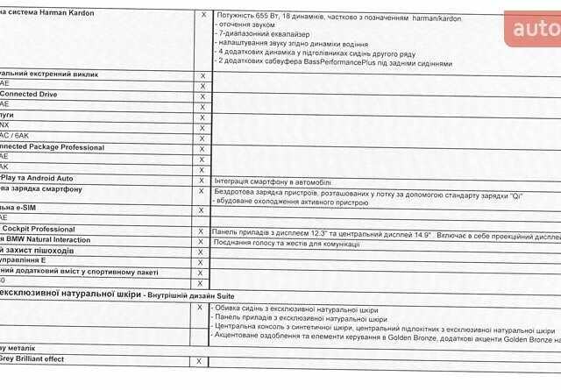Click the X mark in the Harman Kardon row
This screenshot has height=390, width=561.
pyautogui.click(x=202, y=15)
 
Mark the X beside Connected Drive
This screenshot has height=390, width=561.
pyautogui.click(x=202, y=94)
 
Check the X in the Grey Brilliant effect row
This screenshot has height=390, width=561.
pyautogui.click(x=199, y=360)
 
